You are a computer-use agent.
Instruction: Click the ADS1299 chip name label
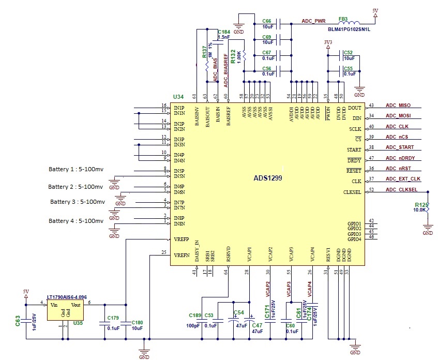pyautogui.click(x=268, y=178)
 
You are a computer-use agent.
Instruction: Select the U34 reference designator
pyautogui.click(x=178, y=97)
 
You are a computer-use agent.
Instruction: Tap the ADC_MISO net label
pyautogui.click(x=398, y=106)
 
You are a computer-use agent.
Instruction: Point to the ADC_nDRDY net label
pyautogui.click(x=400, y=158)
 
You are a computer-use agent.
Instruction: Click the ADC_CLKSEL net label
pyautogui.click(x=401, y=189)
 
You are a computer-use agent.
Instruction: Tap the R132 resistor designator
pyautogui.click(x=233, y=56)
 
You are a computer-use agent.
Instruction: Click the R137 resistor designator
pyautogui.click(x=204, y=52)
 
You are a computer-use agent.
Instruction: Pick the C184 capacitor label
pyautogui.click(x=224, y=32)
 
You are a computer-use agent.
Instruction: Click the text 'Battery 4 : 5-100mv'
pyautogui.click(x=76, y=221)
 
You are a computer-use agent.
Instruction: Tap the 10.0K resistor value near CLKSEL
pyautogui.click(x=419, y=209)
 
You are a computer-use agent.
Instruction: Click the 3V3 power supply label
pyautogui.click(x=328, y=42)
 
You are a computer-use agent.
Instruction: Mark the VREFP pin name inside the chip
pyautogui.click(x=182, y=240)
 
